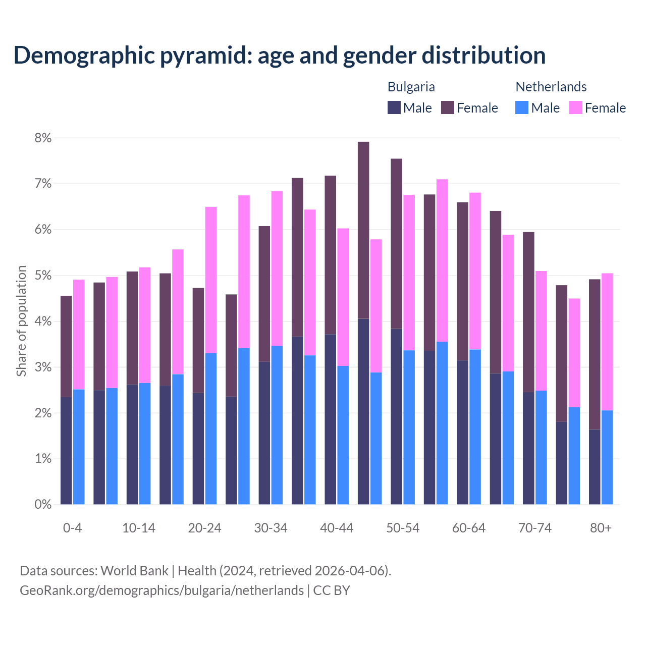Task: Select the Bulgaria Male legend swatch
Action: click(394, 107)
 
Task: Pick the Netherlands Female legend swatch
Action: click(575, 107)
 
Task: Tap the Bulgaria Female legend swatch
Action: click(448, 107)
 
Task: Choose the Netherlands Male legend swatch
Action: click(522, 107)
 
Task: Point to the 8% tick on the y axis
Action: click(43, 138)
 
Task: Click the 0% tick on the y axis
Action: click(43, 504)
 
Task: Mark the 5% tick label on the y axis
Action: click(43, 276)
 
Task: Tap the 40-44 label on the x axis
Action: click(337, 528)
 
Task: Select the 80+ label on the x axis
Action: click(601, 528)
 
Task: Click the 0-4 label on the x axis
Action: click(72, 528)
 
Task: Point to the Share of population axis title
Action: click(21, 321)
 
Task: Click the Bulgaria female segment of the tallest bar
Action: click(363, 230)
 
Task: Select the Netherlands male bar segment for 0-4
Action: click(79, 447)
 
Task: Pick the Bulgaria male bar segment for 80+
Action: click(595, 467)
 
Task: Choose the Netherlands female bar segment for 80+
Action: click(607, 342)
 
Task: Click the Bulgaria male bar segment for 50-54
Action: click(397, 416)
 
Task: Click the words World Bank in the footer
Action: click(134, 571)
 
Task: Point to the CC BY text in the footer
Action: click(332, 590)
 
